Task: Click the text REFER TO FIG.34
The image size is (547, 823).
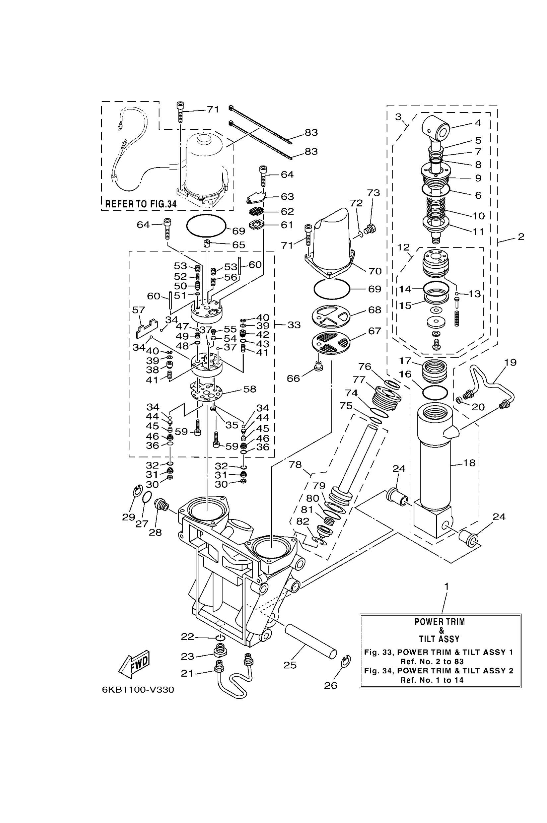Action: (141, 204)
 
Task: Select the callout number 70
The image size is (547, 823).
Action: (375, 271)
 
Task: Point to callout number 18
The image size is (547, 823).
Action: (469, 463)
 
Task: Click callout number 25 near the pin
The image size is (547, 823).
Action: (290, 665)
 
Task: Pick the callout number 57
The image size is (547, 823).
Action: (139, 310)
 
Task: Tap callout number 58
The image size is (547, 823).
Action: (250, 389)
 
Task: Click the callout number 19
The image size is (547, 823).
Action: (511, 363)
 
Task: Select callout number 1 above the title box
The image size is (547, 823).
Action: (446, 587)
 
